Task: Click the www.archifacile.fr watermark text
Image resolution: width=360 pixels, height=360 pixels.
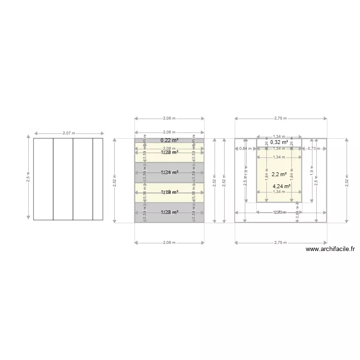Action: [330, 249]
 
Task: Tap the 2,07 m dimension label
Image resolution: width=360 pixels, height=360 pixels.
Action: [69, 133]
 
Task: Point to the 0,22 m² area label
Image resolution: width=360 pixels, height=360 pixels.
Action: [169, 140]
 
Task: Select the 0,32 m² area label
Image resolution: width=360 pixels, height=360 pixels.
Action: [279, 142]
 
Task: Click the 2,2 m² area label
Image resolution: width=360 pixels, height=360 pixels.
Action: [279, 175]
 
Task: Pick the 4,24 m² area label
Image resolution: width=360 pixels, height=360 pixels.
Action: [281, 186]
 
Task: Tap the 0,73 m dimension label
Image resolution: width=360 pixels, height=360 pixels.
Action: [314, 148]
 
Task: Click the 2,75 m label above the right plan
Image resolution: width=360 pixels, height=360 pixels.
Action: [280, 118]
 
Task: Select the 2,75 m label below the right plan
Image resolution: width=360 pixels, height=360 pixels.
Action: [280, 242]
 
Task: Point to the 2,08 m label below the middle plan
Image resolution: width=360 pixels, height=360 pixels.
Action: [169, 242]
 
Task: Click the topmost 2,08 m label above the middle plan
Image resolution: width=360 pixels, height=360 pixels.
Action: [169, 118]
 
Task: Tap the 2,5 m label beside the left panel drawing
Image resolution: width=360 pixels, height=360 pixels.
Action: [28, 179]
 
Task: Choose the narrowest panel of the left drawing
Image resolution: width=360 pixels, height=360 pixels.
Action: [98, 179]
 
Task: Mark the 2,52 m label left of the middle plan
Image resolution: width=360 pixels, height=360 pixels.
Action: [114, 180]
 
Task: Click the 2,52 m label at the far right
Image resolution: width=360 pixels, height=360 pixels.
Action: [347, 180]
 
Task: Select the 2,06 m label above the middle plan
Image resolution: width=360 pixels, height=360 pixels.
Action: [169, 132]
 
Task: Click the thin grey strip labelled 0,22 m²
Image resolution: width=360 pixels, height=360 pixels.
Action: [144, 140]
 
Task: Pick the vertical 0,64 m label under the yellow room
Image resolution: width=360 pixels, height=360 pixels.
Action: [297, 215]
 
